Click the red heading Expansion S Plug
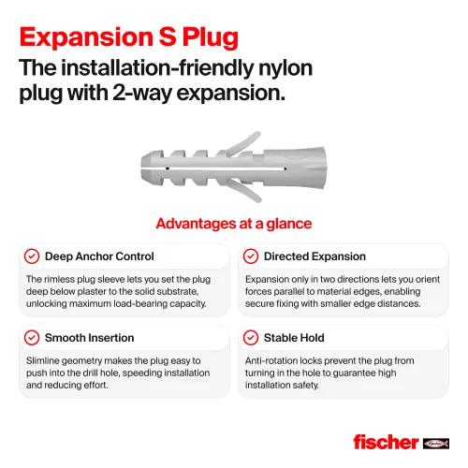coord(129,37)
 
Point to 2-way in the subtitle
coord(142,93)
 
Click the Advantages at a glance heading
coord(234,224)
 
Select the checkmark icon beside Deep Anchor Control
coord(32,256)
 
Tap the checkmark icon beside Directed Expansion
coord(251,256)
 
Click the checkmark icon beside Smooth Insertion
coord(32,338)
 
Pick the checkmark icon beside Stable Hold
coord(251,338)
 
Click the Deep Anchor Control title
coord(99,256)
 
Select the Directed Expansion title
coord(314,256)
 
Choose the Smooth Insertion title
coord(90,338)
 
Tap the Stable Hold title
coord(294,338)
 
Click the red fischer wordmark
coord(386,442)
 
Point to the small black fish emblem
coord(436,444)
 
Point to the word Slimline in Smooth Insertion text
coord(42,360)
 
